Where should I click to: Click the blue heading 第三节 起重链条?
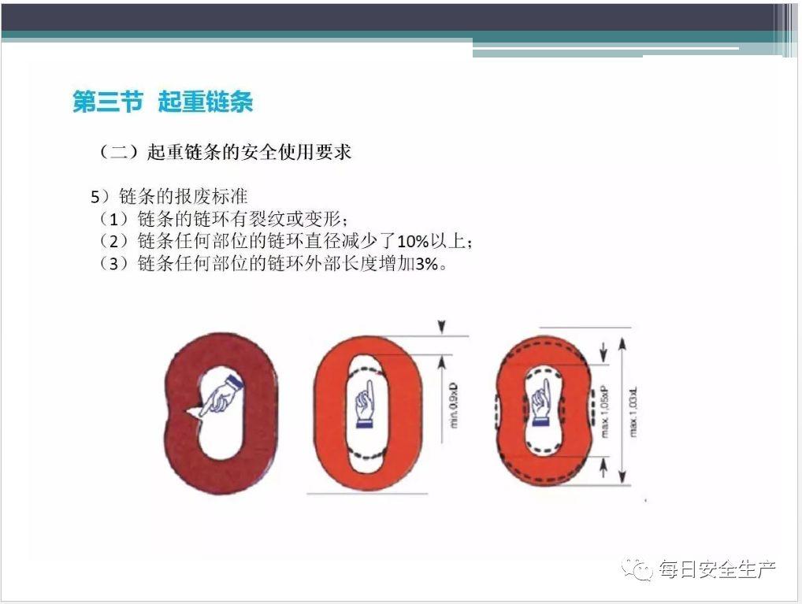click(x=162, y=102)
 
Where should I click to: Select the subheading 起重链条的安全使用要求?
click(x=249, y=153)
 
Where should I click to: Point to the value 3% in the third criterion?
click(x=426, y=264)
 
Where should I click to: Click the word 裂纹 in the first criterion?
click(x=278, y=218)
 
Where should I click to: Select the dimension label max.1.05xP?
click(x=605, y=409)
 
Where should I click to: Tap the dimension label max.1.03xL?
click(x=635, y=408)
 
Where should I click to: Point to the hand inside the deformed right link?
click(x=541, y=402)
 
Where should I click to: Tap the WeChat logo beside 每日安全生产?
click(x=637, y=569)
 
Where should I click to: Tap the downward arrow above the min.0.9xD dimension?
click(x=442, y=325)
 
